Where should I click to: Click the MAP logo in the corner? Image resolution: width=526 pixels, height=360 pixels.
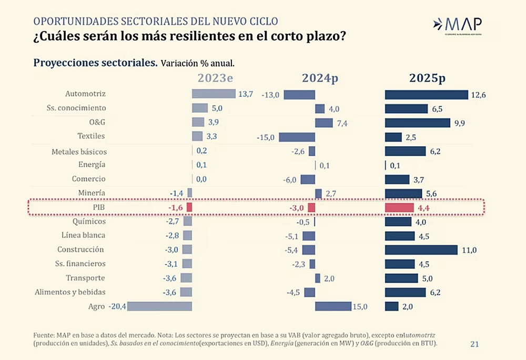click(456, 25)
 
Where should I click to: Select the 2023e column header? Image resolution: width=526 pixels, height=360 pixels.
click(215, 78)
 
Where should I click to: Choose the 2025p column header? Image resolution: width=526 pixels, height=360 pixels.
click(428, 78)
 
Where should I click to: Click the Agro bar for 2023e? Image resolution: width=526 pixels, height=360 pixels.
click(160, 306)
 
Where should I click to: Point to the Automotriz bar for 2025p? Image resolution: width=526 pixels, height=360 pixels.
click(426, 95)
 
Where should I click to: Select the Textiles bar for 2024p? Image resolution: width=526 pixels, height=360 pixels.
click(297, 137)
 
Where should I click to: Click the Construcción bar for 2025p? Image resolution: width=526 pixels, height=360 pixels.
click(422, 249)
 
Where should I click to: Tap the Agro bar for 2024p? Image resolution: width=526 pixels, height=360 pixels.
click(333, 306)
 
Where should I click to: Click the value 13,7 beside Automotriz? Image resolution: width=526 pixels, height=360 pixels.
click(246, 94)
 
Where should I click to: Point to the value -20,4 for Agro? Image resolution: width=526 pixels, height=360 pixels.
click(117, 306)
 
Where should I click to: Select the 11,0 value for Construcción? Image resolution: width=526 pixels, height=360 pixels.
click(469, 250)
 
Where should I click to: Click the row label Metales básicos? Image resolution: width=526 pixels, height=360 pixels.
click(79, 152)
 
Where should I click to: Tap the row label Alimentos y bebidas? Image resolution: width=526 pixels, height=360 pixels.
click(70, 292)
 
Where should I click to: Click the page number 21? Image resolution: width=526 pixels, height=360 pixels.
click(474, 344)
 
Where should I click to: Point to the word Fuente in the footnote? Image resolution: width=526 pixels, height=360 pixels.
click(44, 335)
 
